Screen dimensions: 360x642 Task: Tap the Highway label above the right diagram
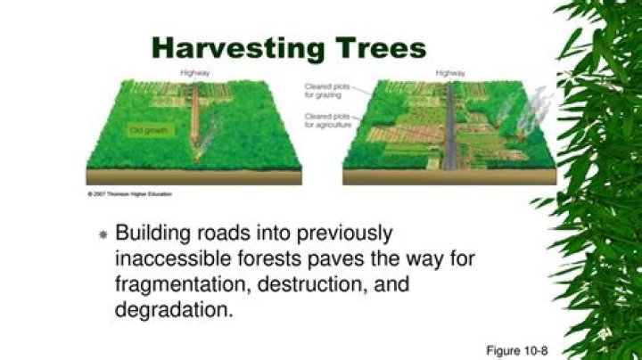[449, 72]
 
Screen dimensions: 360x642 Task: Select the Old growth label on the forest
[148, 130]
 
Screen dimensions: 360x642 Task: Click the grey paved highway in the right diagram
[450, 134]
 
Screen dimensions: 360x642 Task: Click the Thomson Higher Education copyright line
[129, 192]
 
